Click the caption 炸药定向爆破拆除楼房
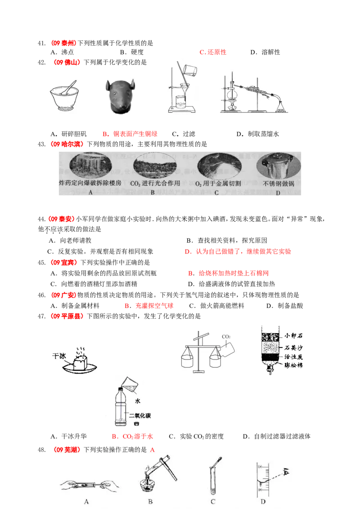(x=90, y=184)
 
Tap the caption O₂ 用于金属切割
(x=216, y=184)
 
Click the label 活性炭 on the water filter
(x=293, y=357)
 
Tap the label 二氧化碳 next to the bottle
(x=139, y=415)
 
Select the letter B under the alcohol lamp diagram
(x=149, y=501)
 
